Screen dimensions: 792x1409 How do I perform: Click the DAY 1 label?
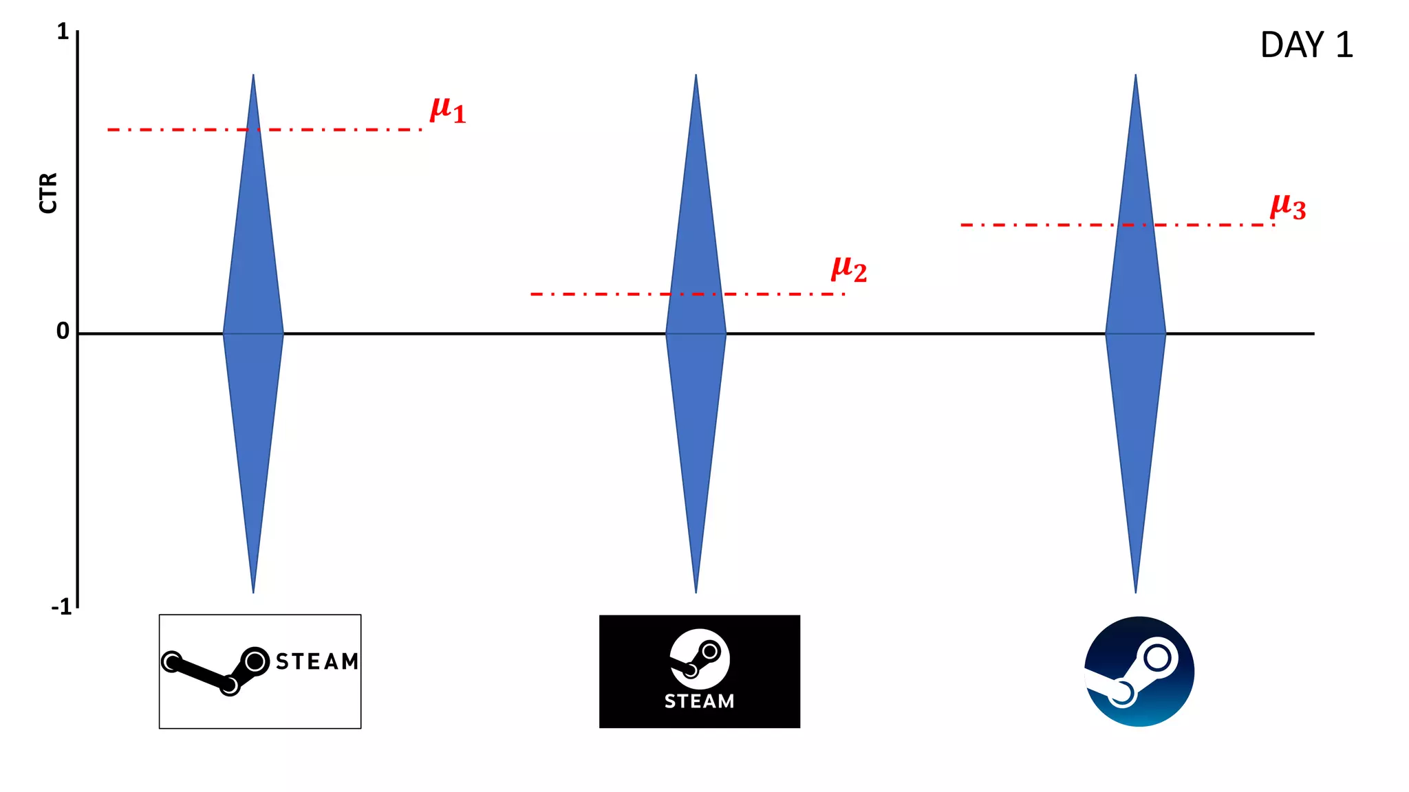tap(1306, 45)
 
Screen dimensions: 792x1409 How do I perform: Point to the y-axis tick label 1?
tap(63, 32)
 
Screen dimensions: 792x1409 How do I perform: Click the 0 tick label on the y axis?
tap(63, 331)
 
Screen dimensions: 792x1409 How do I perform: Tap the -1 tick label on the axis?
tap(61, 607)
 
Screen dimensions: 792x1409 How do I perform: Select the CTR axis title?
tap(48, 193)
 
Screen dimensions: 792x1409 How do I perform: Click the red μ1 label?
tap(448, 110)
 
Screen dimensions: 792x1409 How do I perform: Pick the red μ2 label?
tap(849, 269)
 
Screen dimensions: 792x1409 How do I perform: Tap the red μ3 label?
tap(1288, 206)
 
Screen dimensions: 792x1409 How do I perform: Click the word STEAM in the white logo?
tap(317, 661)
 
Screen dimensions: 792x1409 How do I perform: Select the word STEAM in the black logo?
tap(699, 701)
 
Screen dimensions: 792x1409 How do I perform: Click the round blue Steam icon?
tap(1139, 672)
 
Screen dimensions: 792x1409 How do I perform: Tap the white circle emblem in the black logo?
tap(700, 659)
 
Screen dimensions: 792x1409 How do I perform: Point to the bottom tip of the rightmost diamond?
tap(1135, 591)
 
